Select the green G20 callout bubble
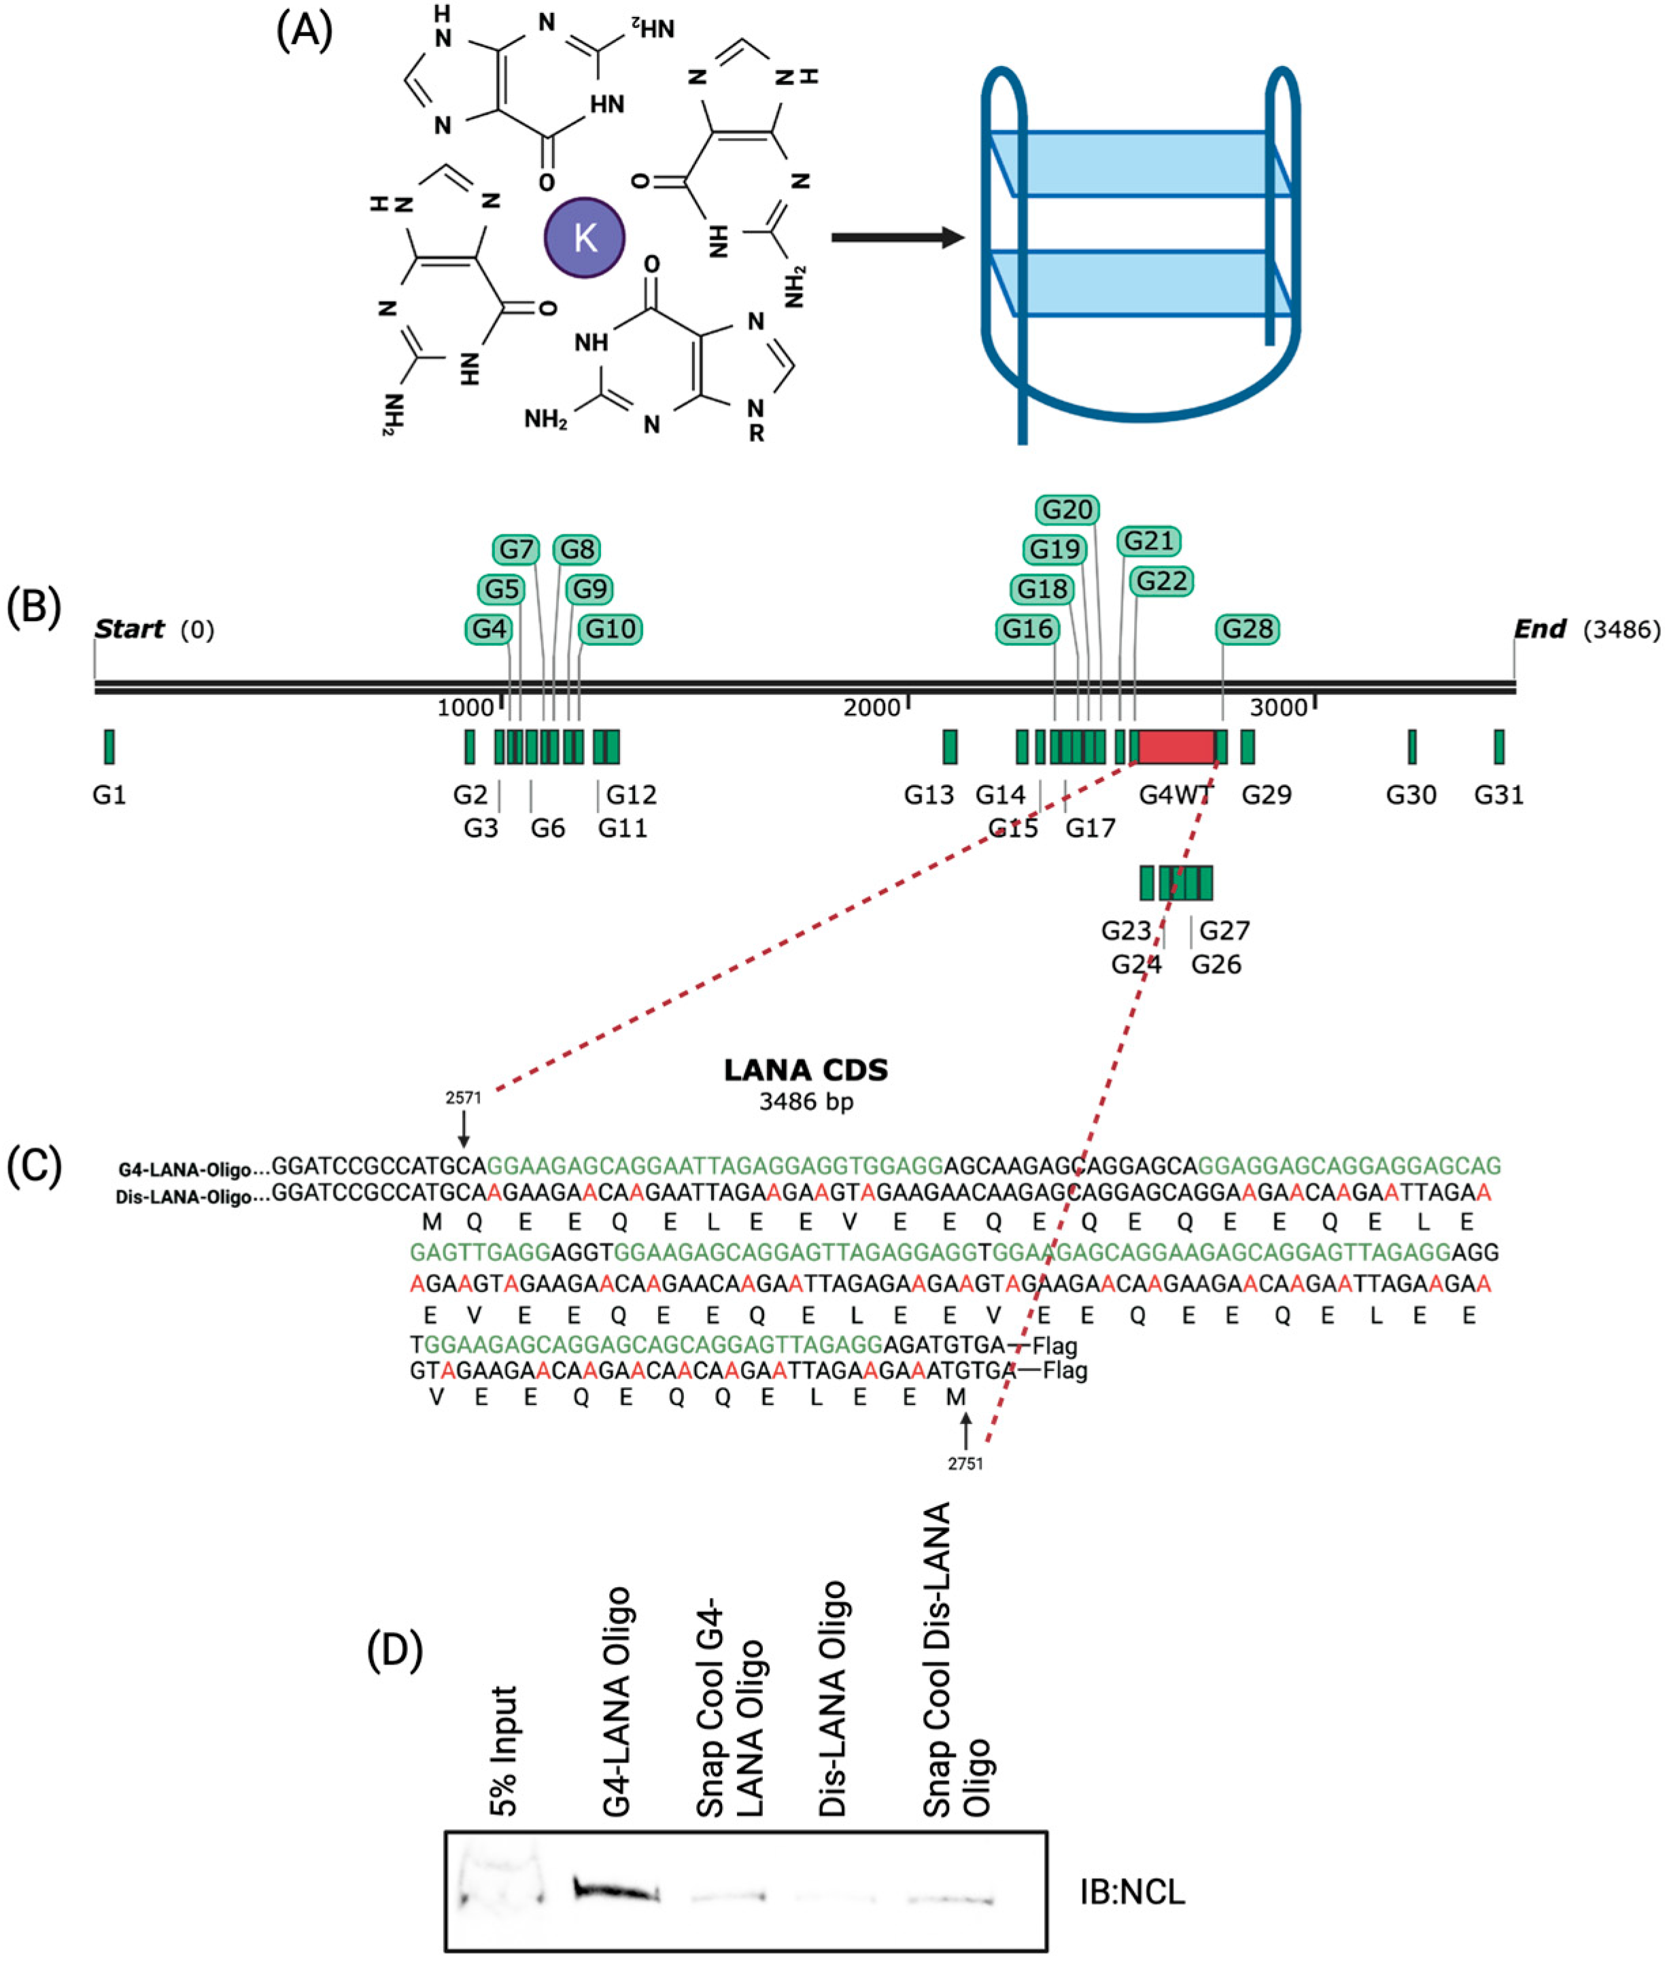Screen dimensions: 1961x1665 (x=1067, y=510)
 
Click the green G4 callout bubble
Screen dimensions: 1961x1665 (x=489, y=629)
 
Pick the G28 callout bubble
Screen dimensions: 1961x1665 (x=1248, y=629)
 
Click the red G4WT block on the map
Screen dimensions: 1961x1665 (x=1176, y=746)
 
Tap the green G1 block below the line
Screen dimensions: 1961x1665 (x=109, y=746)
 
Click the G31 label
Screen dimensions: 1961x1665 (x=1499, y=795)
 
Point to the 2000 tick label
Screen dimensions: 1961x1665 (x=871, y=708)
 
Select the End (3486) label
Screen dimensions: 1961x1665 (x=1585, y=629)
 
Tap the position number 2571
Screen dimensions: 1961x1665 (x=464, y=1098)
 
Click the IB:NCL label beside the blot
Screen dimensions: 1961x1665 (x=1132, y=1892)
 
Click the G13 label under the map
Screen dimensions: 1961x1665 (x=929, y=795)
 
